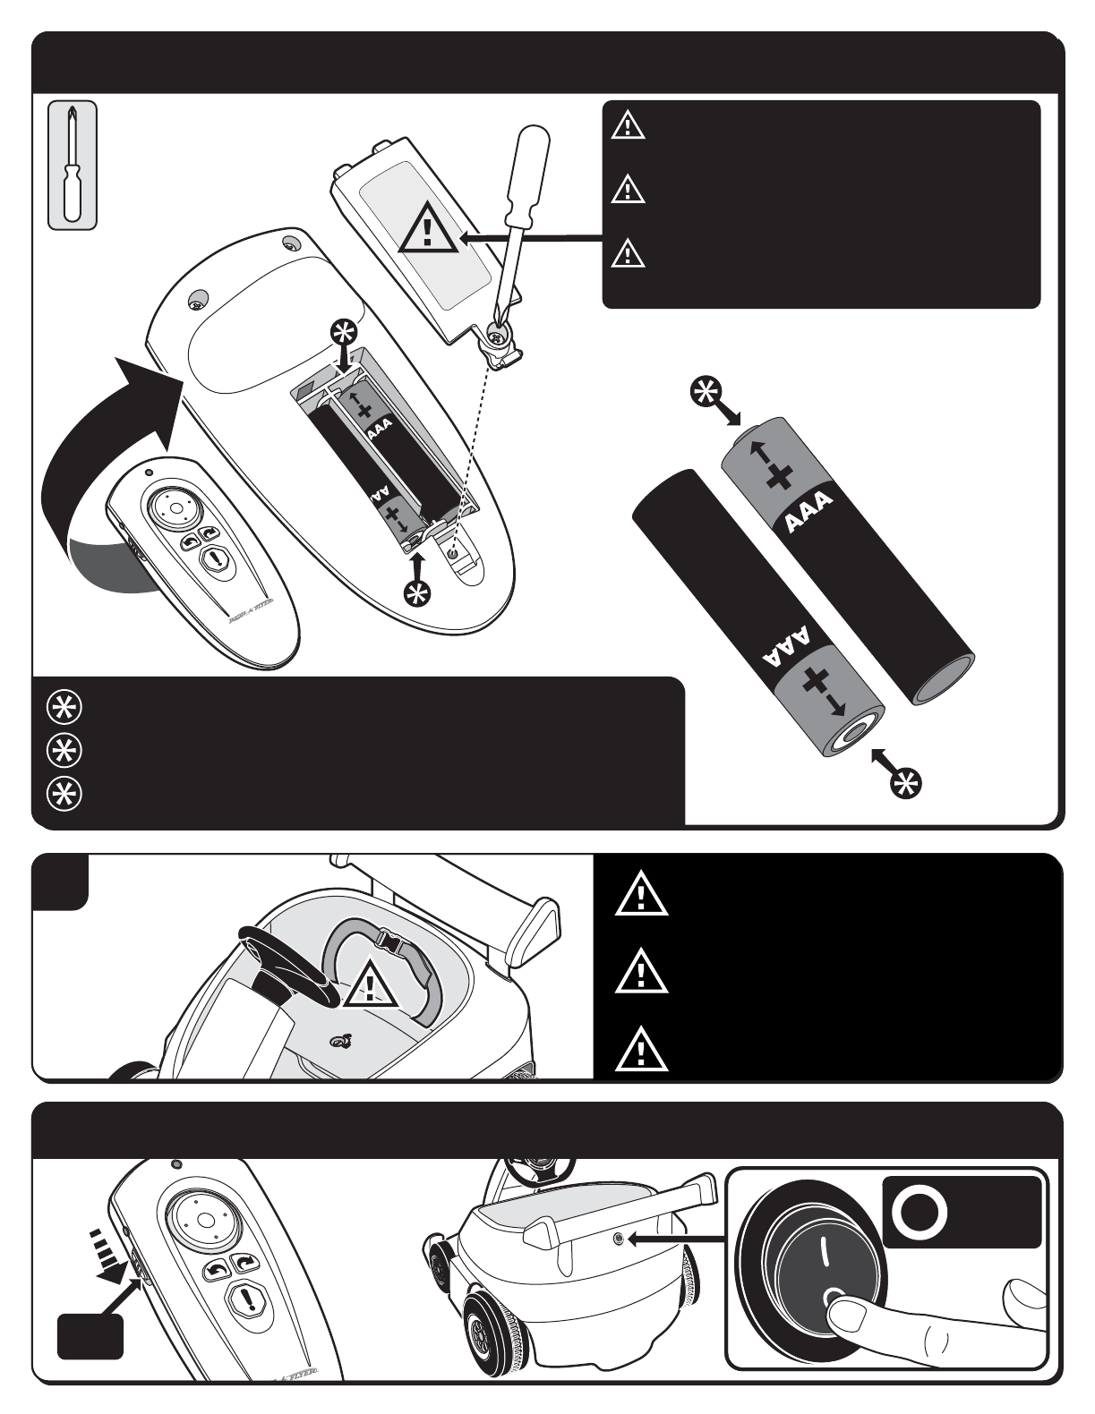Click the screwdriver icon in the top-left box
point(72,166)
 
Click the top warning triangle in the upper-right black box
point(628,125)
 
